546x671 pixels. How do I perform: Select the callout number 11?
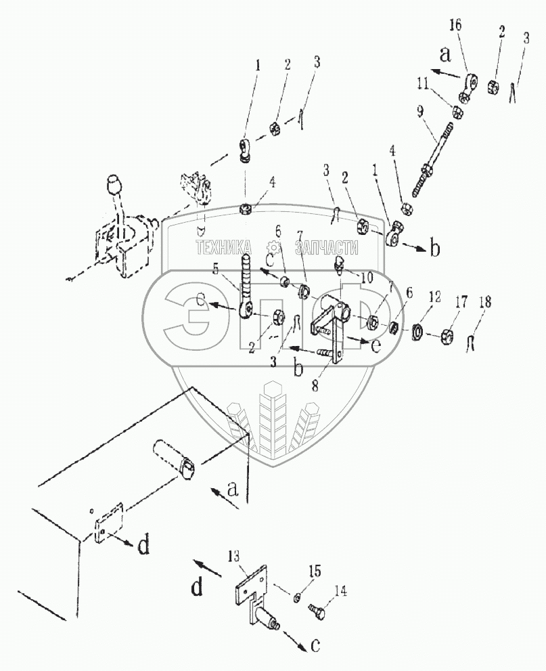422,84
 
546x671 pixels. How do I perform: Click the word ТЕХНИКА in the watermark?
224,248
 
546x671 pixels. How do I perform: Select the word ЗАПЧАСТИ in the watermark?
321,248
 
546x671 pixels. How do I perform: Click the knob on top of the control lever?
113,186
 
